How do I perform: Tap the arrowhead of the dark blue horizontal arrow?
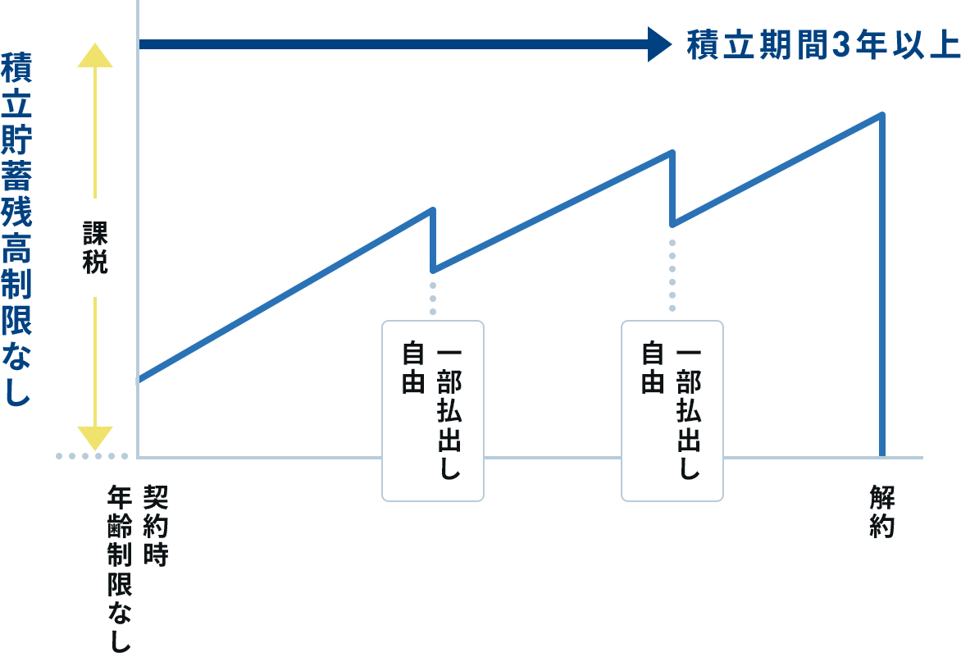659,44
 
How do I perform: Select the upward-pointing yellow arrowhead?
95,55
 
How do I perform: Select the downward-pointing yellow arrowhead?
95,439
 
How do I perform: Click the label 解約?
882,512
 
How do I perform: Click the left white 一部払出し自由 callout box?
433,410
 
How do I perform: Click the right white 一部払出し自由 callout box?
672,410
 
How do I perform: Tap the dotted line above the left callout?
433,299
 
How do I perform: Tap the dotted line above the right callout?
672,276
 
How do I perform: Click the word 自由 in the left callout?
412,368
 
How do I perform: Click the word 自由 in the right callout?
652,368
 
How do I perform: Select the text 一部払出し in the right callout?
689,413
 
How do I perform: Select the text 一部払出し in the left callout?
449,413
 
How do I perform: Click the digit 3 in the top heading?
837,45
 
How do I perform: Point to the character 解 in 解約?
882,497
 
